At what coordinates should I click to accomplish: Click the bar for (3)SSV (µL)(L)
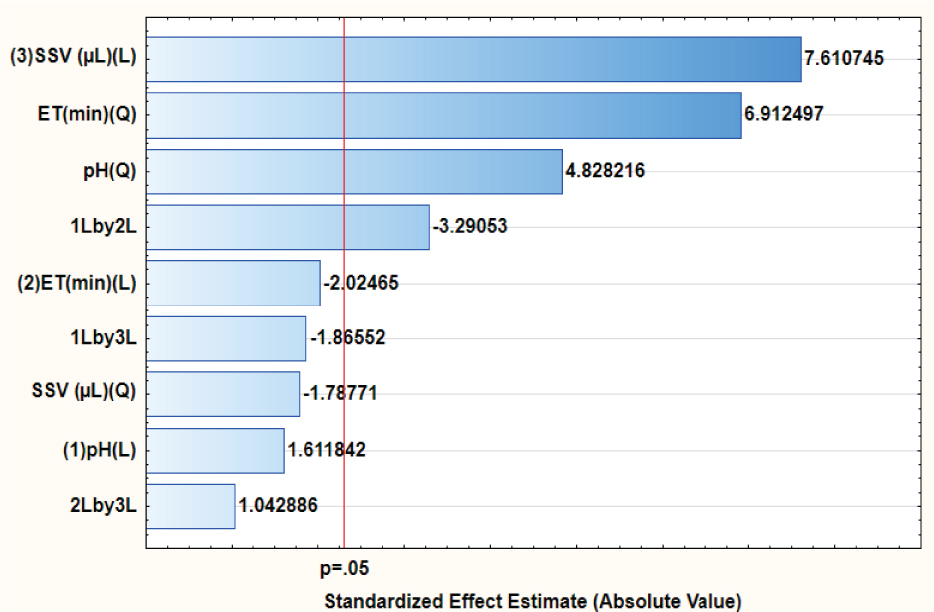click(474, 59)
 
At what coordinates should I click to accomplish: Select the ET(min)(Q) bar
click(444, 115)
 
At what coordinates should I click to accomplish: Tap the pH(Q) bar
click(354, 171)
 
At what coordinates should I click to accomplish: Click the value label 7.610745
click(844, 59)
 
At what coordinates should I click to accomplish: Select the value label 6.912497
click(783, 115)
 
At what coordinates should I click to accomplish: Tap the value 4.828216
click(605, 171)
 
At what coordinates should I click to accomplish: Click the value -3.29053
click(470, 227)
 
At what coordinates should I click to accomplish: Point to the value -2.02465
click(361, 283)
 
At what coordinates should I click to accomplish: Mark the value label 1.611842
click(326, 450)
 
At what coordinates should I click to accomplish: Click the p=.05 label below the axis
click(344, 570)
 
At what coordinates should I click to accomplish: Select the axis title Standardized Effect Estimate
click(533, 601)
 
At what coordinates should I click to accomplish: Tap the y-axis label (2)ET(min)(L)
click(77, 283)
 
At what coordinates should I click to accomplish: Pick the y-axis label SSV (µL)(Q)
click(84, 394)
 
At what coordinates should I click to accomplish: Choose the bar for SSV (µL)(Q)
click(224, 394)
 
